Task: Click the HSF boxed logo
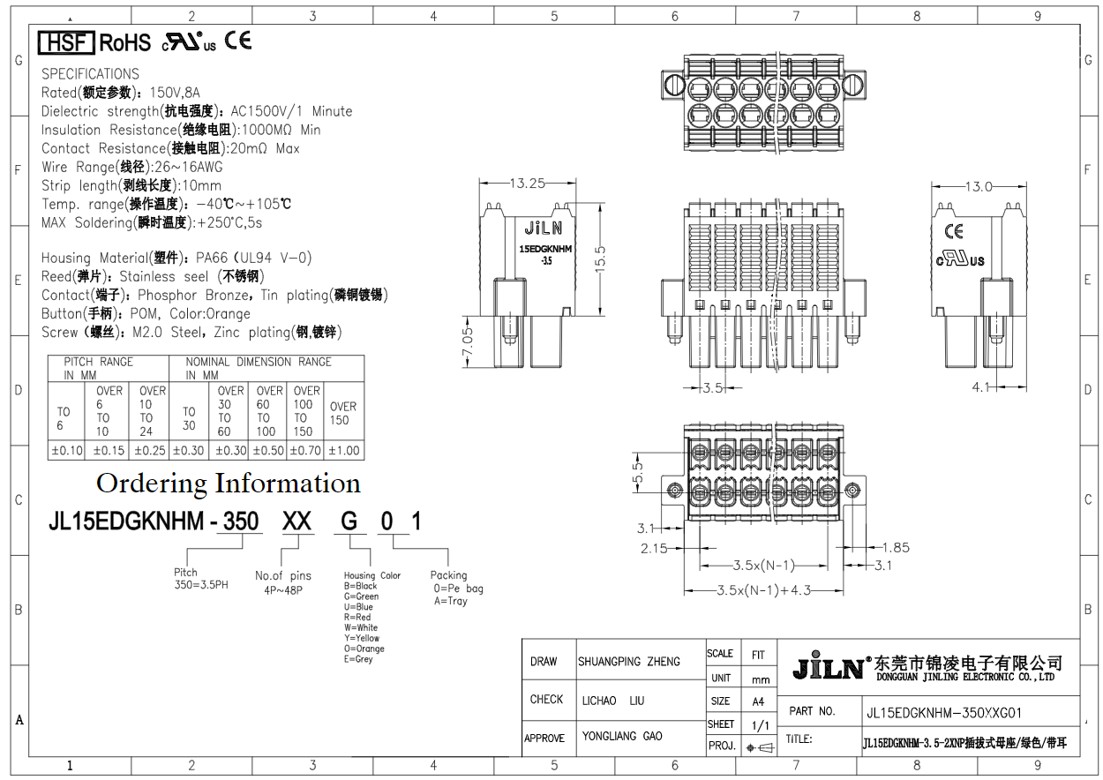66,41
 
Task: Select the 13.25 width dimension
528,184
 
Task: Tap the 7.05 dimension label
468,345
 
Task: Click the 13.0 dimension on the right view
979,186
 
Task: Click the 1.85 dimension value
895,548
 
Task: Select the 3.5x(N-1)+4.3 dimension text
763,590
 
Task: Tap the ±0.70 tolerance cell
305,450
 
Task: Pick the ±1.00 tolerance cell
344,450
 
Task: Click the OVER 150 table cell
343,413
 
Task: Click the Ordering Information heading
228,484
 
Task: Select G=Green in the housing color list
361,596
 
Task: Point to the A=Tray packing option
450,601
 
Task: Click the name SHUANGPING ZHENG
629,662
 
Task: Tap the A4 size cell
758,702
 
